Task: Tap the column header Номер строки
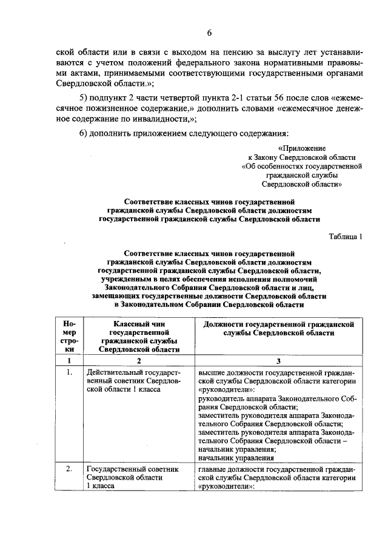(70, 336)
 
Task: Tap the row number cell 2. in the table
(70, 469)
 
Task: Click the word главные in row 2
(213, 469)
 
